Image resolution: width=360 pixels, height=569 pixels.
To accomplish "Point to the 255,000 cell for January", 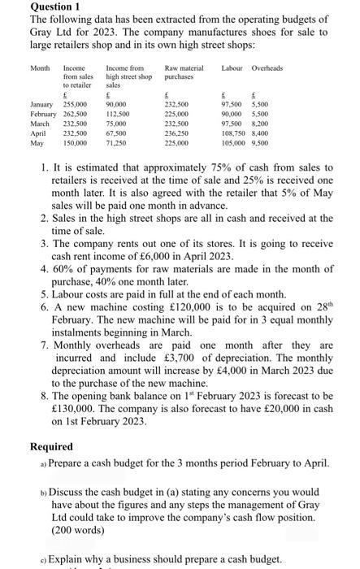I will [75, 106].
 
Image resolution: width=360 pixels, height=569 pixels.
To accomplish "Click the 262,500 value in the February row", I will [75, 114].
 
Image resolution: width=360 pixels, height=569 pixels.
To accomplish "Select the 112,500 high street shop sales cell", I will [118, 114].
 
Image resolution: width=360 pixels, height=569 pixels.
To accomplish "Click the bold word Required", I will [51, 446].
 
